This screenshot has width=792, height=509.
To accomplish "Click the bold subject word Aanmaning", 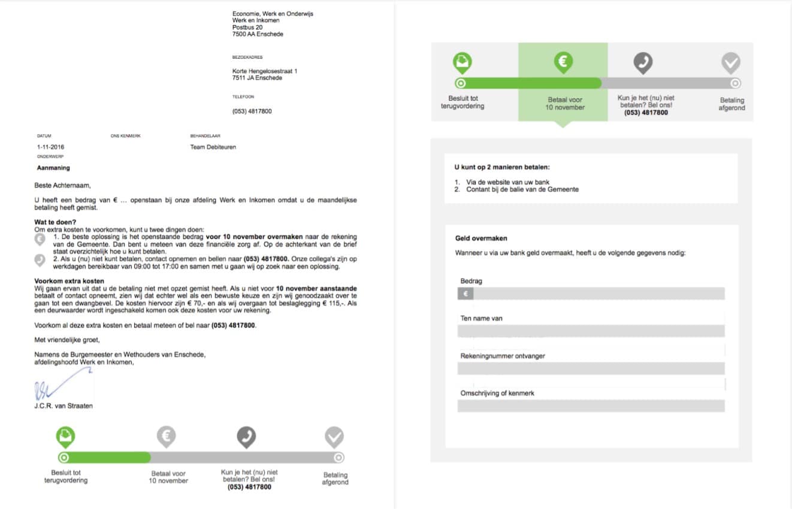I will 53,168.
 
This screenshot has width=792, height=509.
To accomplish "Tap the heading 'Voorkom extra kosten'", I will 69,281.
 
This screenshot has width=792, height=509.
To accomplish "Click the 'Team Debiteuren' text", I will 213,147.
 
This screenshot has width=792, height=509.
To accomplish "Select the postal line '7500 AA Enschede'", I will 258,34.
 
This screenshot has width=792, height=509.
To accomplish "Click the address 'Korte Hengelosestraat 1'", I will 265,71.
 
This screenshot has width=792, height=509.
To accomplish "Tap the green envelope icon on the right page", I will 462,62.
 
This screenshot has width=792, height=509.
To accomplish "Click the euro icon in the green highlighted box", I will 563,61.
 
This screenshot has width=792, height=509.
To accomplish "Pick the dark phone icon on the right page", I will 643,62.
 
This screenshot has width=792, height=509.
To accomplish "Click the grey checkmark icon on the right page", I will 730,62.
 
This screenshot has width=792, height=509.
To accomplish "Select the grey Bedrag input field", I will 598,293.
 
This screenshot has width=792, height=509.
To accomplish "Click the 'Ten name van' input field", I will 591,331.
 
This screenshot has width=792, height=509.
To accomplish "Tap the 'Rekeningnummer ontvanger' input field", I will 591,368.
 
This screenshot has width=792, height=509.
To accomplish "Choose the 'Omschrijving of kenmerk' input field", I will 591,406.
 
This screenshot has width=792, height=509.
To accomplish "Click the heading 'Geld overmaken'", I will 481,238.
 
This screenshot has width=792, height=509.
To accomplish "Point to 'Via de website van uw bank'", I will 508,182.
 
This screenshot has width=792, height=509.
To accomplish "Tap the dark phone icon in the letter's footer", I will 246,437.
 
